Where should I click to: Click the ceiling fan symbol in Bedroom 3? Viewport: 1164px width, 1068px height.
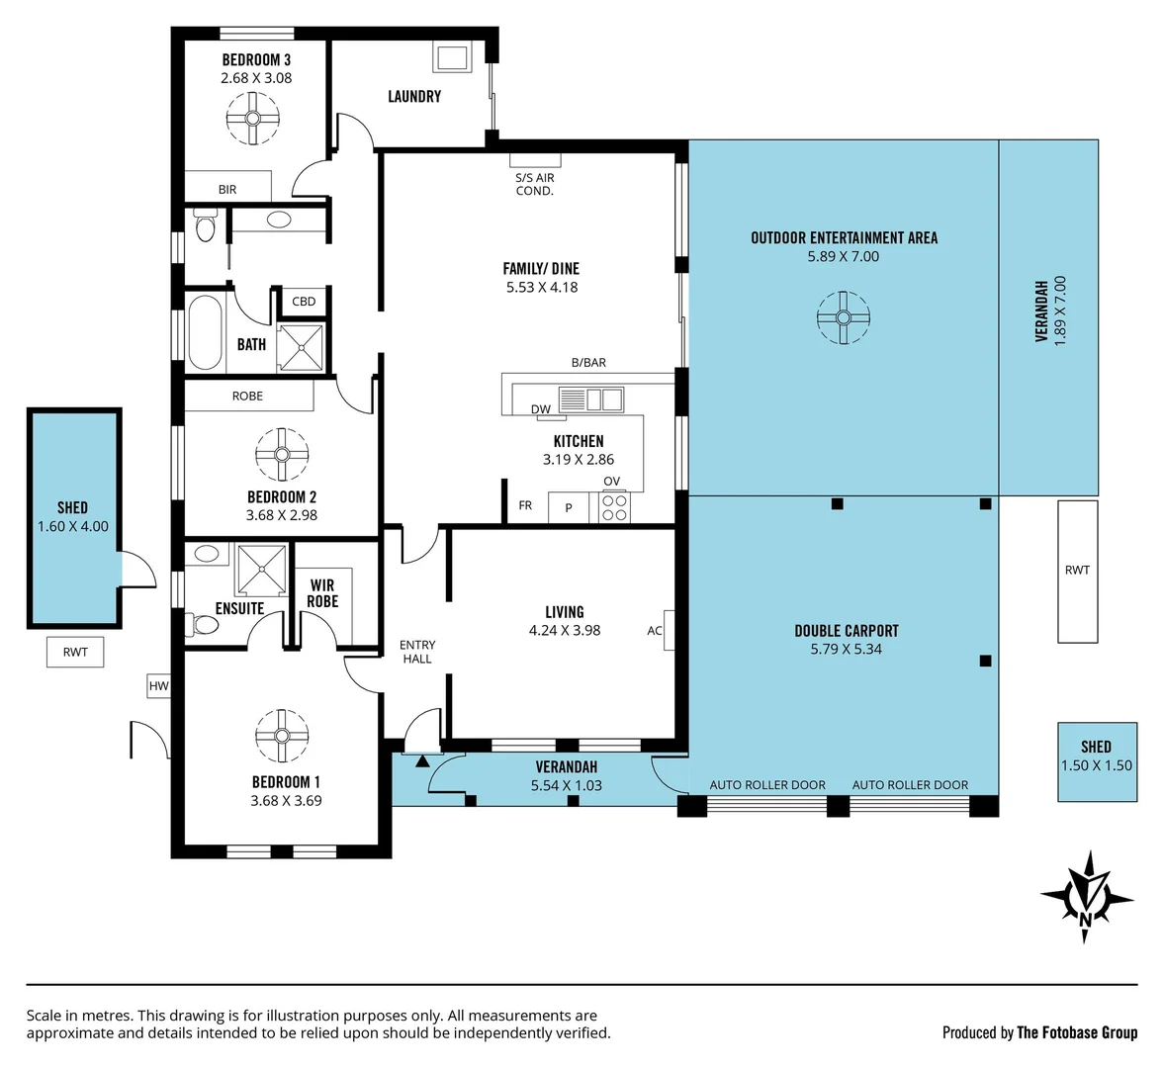tap(252, 119)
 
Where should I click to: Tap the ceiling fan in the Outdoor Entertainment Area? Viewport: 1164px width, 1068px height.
tap(843, 317)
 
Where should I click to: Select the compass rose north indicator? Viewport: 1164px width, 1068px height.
tap(1086, 897)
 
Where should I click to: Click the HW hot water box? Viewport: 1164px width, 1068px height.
tap(158, 685)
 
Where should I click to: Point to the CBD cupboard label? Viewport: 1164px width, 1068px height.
tap(304, 302)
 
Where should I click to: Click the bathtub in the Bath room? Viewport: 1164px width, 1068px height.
tap(204, 332)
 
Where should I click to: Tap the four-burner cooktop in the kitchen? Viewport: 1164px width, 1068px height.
tap(614, 507)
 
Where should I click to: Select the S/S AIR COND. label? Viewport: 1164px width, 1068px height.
tap(534, 184)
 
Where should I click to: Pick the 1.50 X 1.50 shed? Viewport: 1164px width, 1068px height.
tap(1097, 762)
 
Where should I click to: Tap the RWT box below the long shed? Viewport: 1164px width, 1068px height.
tap(75, 653)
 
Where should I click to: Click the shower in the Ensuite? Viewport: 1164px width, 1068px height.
tap(261, 570)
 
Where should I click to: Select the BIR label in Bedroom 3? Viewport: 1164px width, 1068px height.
tap(227, 189)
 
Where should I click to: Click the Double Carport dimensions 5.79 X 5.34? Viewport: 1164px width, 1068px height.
tap(847, 649)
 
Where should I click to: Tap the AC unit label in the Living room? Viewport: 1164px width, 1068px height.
tap(654, 631)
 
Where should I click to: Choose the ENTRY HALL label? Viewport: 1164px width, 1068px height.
tap(417, 652)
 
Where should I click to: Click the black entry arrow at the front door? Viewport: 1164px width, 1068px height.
tap(421, 760)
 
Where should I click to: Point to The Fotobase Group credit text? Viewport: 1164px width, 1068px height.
tap(1076, 1032)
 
